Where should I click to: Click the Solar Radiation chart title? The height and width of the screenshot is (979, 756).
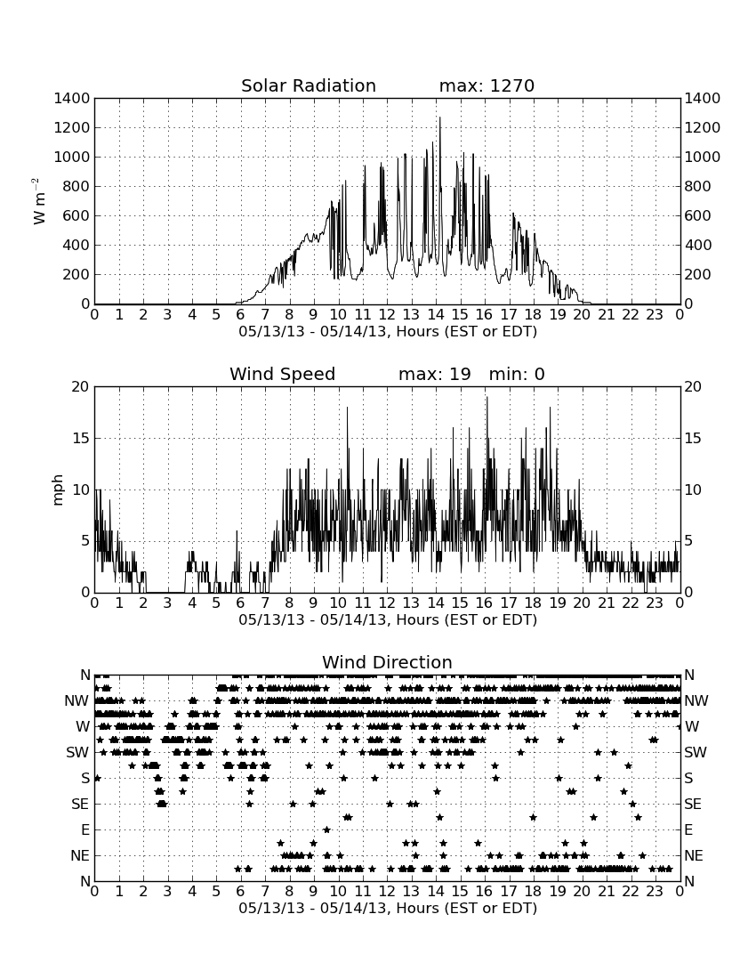[309, 85]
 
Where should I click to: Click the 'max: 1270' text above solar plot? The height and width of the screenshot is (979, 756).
[487, 85]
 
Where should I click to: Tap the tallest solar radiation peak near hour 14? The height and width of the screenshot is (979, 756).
[439, 118]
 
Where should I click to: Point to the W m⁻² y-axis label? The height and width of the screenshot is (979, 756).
[39, 201]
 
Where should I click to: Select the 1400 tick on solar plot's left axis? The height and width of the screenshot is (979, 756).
[72, 99]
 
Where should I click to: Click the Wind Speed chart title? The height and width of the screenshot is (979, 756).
[283, 374]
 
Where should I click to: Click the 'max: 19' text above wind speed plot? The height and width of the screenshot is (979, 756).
[435, 374]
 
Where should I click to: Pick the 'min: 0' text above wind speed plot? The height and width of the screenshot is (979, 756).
[517, 374]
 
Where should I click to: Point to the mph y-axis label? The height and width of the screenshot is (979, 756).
[58, 489]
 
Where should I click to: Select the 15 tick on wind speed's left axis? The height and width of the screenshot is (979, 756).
[82, 438]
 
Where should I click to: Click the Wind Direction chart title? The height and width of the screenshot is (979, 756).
[388, 662]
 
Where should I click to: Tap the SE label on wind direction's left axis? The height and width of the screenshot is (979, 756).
[80, 805]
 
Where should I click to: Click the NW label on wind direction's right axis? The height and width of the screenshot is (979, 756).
[696, 701]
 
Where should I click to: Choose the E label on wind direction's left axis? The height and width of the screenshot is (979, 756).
[84, 829]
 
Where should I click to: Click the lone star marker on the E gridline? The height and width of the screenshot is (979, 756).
[326, 829]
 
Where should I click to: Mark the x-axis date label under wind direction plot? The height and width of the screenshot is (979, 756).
[388, 908]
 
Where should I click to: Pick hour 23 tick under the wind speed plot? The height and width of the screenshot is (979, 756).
[655, 603]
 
